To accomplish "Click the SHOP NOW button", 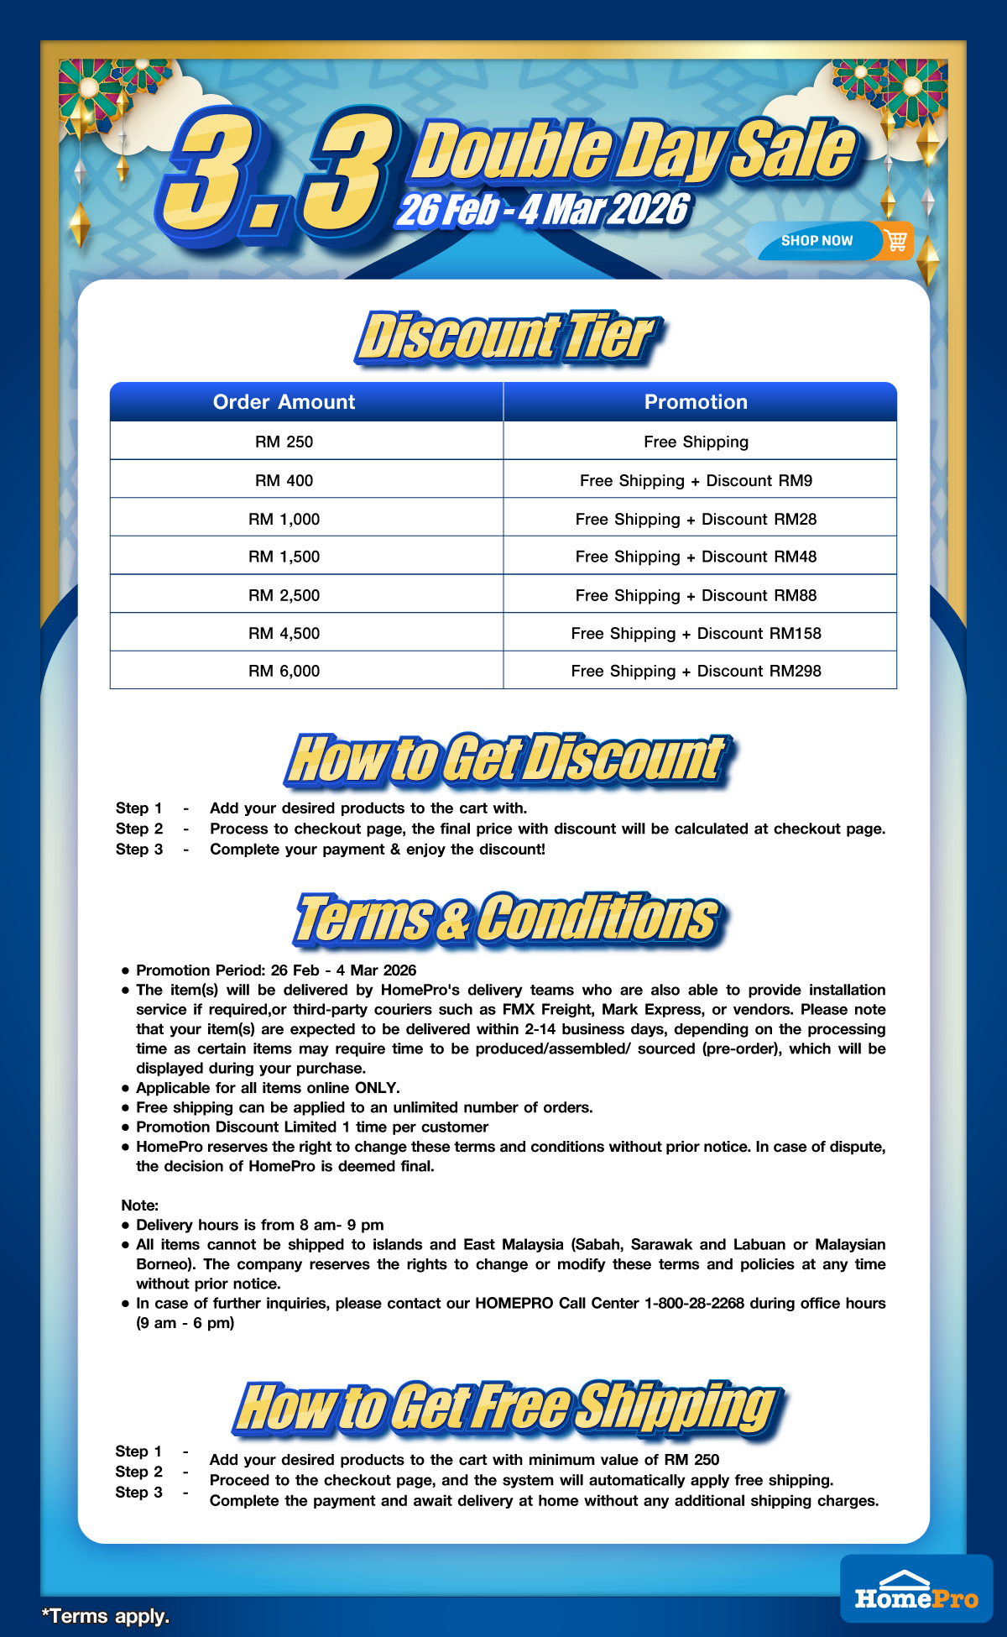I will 817,241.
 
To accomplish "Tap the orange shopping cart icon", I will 896,241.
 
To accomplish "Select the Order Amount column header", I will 284,402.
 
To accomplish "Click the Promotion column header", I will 696,402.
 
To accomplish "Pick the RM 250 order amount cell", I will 284,442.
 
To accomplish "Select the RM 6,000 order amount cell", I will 284,671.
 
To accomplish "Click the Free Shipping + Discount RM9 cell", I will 696,480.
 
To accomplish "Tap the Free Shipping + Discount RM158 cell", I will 696,633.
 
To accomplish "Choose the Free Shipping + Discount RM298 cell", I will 696,671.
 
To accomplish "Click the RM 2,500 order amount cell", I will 284,595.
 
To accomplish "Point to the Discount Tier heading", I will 507,337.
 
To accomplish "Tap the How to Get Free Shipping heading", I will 507,1407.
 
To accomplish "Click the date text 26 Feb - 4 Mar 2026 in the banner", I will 543,210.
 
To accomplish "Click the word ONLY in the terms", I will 377,1088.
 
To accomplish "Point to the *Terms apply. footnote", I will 106,1616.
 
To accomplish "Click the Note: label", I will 139,1206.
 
